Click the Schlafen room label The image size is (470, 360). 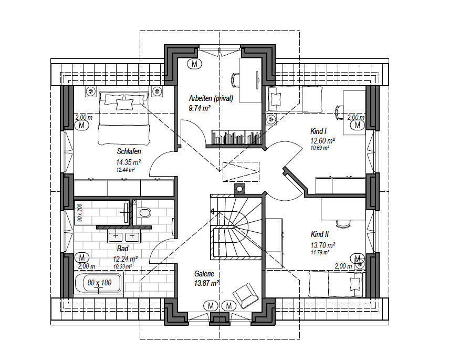click(129, 151)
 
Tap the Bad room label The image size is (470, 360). click(122, 249)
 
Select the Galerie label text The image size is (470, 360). click(204, 274)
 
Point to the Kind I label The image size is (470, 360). click(318, 131)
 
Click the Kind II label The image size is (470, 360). click(319, 234)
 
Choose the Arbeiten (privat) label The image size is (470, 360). click(211, 98)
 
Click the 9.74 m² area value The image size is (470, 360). click(200, 108)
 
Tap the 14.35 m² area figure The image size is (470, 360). click(129, 162)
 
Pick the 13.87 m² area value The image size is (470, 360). click(206, 283)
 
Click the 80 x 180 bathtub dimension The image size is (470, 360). click(100, 283)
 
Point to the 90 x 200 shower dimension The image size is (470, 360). click(80, 213)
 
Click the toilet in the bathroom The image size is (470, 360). click(143, 213)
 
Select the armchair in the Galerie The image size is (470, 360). click(245, 295)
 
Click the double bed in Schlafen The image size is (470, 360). click(124, 118)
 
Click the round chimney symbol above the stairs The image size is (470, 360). click(239, 189)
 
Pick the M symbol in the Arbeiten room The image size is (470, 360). click(194, 64)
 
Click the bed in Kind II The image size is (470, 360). click(336, 284)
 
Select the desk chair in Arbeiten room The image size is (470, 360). click(235, 80)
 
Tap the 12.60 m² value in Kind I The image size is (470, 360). click(322, 141)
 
